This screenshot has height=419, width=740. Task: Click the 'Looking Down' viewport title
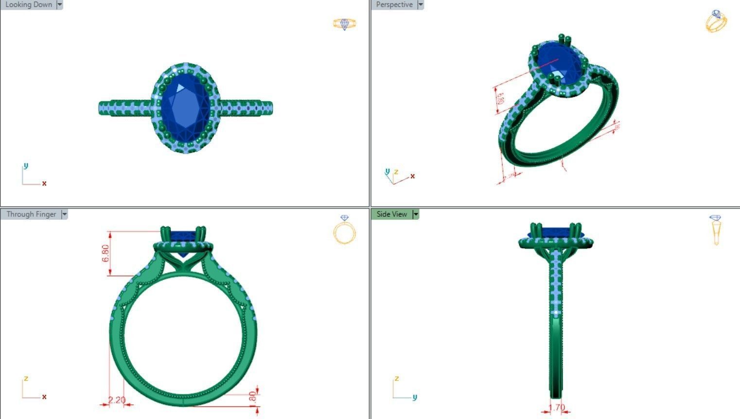tap(28, 5)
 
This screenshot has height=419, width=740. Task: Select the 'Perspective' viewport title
tap(394, 5)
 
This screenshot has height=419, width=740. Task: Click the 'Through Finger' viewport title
tap(31, 214)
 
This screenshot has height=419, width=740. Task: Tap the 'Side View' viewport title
tap(391, 214)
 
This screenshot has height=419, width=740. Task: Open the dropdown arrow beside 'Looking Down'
tap(60, 5)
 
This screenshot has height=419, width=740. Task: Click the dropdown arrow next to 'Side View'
tap(416, 214)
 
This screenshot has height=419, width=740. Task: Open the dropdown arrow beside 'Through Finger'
tap(64, 214)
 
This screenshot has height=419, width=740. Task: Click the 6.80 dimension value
tap(106, 253)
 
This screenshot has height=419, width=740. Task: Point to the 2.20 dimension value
tap(117, 400)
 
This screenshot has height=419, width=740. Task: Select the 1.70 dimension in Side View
tap(557, 407)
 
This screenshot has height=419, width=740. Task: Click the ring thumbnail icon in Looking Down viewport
tap(344, 24)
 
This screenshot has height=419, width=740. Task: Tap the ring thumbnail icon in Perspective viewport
tap(716, 21)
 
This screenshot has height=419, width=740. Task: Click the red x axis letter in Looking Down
tap(44, 183)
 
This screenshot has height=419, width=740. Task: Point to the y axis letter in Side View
tap(415, 397)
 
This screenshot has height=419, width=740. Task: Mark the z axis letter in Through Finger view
tap(26, 379)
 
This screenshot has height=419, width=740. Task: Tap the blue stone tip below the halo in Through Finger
tap(183, 254)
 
